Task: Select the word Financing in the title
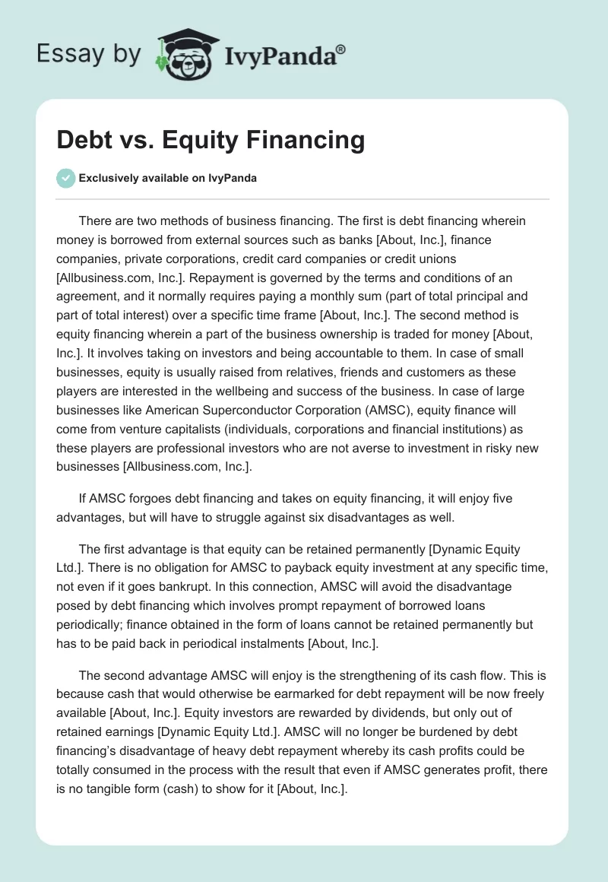pyautogui.click(x=298, y=140)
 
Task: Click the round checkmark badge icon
pyautogui.click(x=66, y=178)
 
